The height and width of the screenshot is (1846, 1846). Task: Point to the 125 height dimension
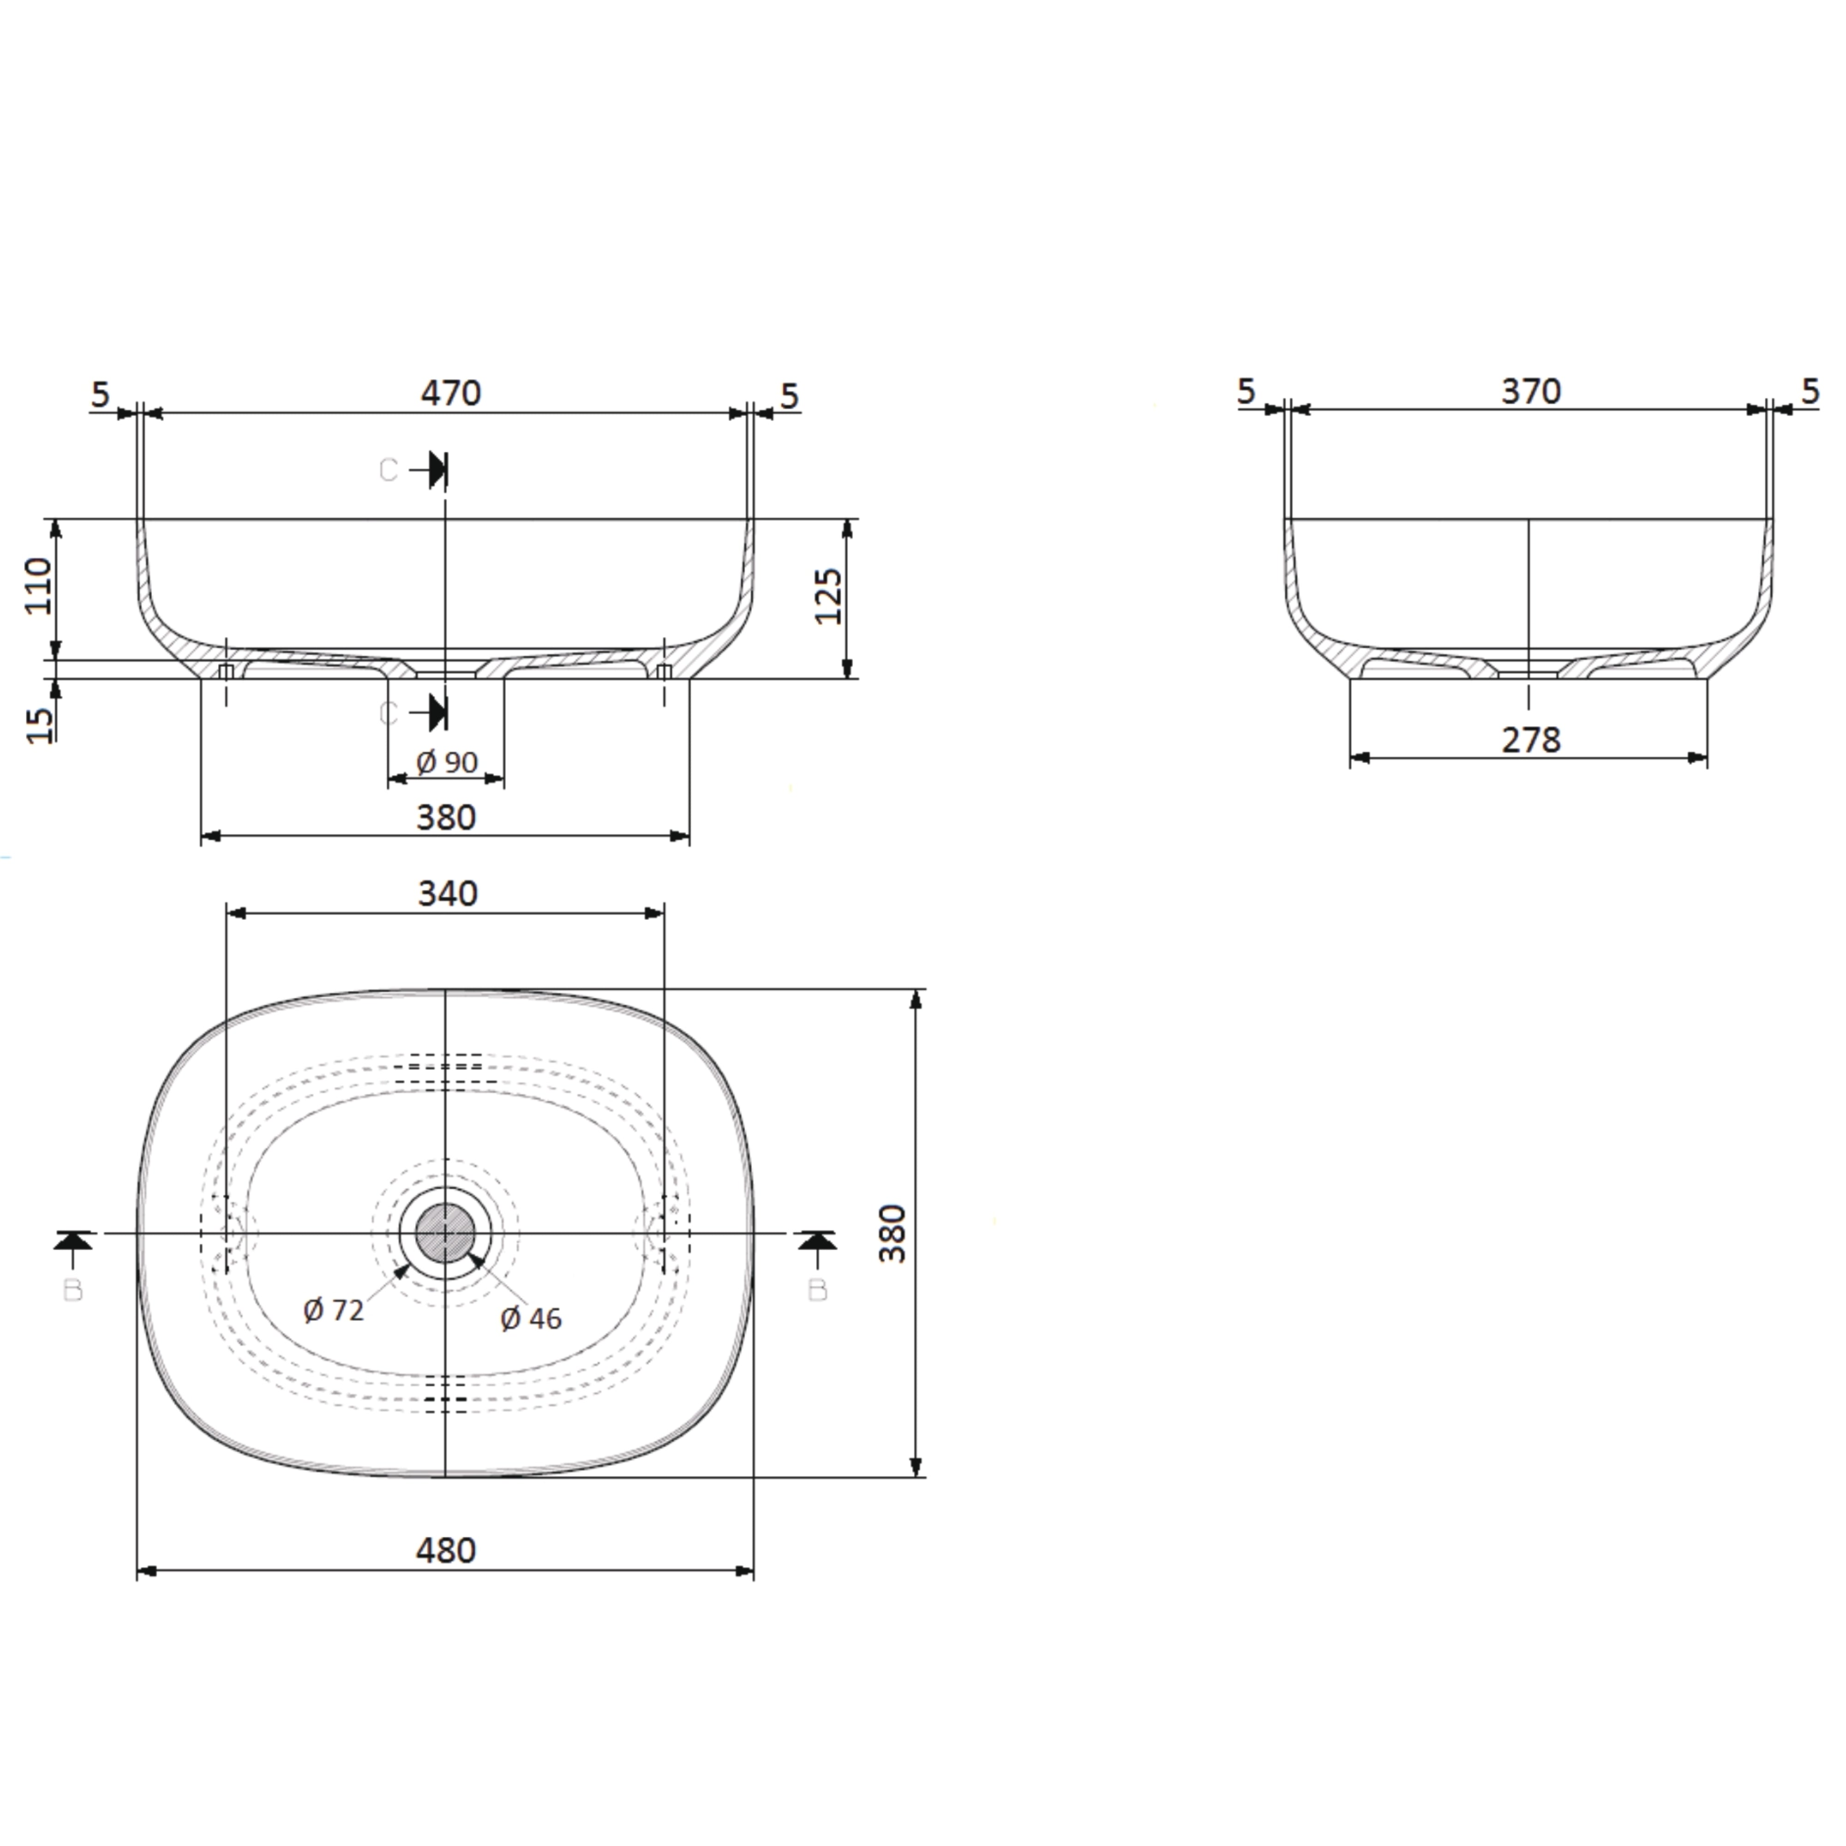(x=829, y=596)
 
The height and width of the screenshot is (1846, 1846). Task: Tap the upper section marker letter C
(x=388, y=470)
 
